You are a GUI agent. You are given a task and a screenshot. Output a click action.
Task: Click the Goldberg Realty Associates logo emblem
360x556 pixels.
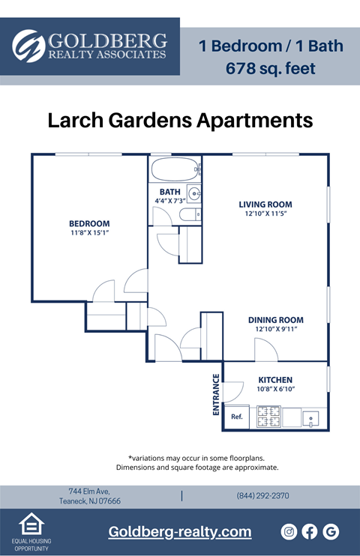click(28, 46)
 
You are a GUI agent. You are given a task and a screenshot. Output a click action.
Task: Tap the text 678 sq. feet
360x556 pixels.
click(271, 69)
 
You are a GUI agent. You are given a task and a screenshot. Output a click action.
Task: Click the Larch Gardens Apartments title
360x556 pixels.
click(180, 120)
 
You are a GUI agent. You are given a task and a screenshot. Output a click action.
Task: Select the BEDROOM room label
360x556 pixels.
click(89, 223)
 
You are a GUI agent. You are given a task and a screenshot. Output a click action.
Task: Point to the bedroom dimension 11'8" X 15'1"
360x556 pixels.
click(89, 233)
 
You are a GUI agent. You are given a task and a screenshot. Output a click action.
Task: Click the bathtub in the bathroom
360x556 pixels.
click(175, 169)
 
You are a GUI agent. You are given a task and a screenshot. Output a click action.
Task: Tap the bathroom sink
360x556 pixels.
click(193, 195)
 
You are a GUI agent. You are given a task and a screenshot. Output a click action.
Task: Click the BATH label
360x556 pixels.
click(169, 192)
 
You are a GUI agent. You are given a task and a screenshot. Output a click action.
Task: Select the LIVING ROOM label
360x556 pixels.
click(265, 205)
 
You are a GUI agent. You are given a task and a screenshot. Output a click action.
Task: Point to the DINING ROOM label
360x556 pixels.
click(275, 320)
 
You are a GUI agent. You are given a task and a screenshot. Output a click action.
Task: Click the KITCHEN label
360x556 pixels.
click(275, 380)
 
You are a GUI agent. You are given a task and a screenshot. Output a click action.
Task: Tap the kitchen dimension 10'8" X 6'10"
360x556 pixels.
click(275, 390)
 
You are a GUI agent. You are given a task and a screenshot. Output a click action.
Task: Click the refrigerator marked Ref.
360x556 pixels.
click(236, 417)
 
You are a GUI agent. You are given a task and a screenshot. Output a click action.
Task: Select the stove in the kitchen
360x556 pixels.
click(268, 417)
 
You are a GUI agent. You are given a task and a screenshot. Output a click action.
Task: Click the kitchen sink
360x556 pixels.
click(311, 418)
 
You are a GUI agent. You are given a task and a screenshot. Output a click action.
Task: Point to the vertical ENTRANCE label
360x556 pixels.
click(216, 394)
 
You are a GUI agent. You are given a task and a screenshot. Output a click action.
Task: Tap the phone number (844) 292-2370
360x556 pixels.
click(262, 496)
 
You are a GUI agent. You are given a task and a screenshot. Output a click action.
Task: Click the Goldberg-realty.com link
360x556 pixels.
click(180, 531)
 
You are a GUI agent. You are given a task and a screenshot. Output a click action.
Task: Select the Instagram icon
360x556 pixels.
click(289, 531)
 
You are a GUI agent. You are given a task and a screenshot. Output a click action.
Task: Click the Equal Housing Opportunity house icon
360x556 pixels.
click(29, 525)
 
